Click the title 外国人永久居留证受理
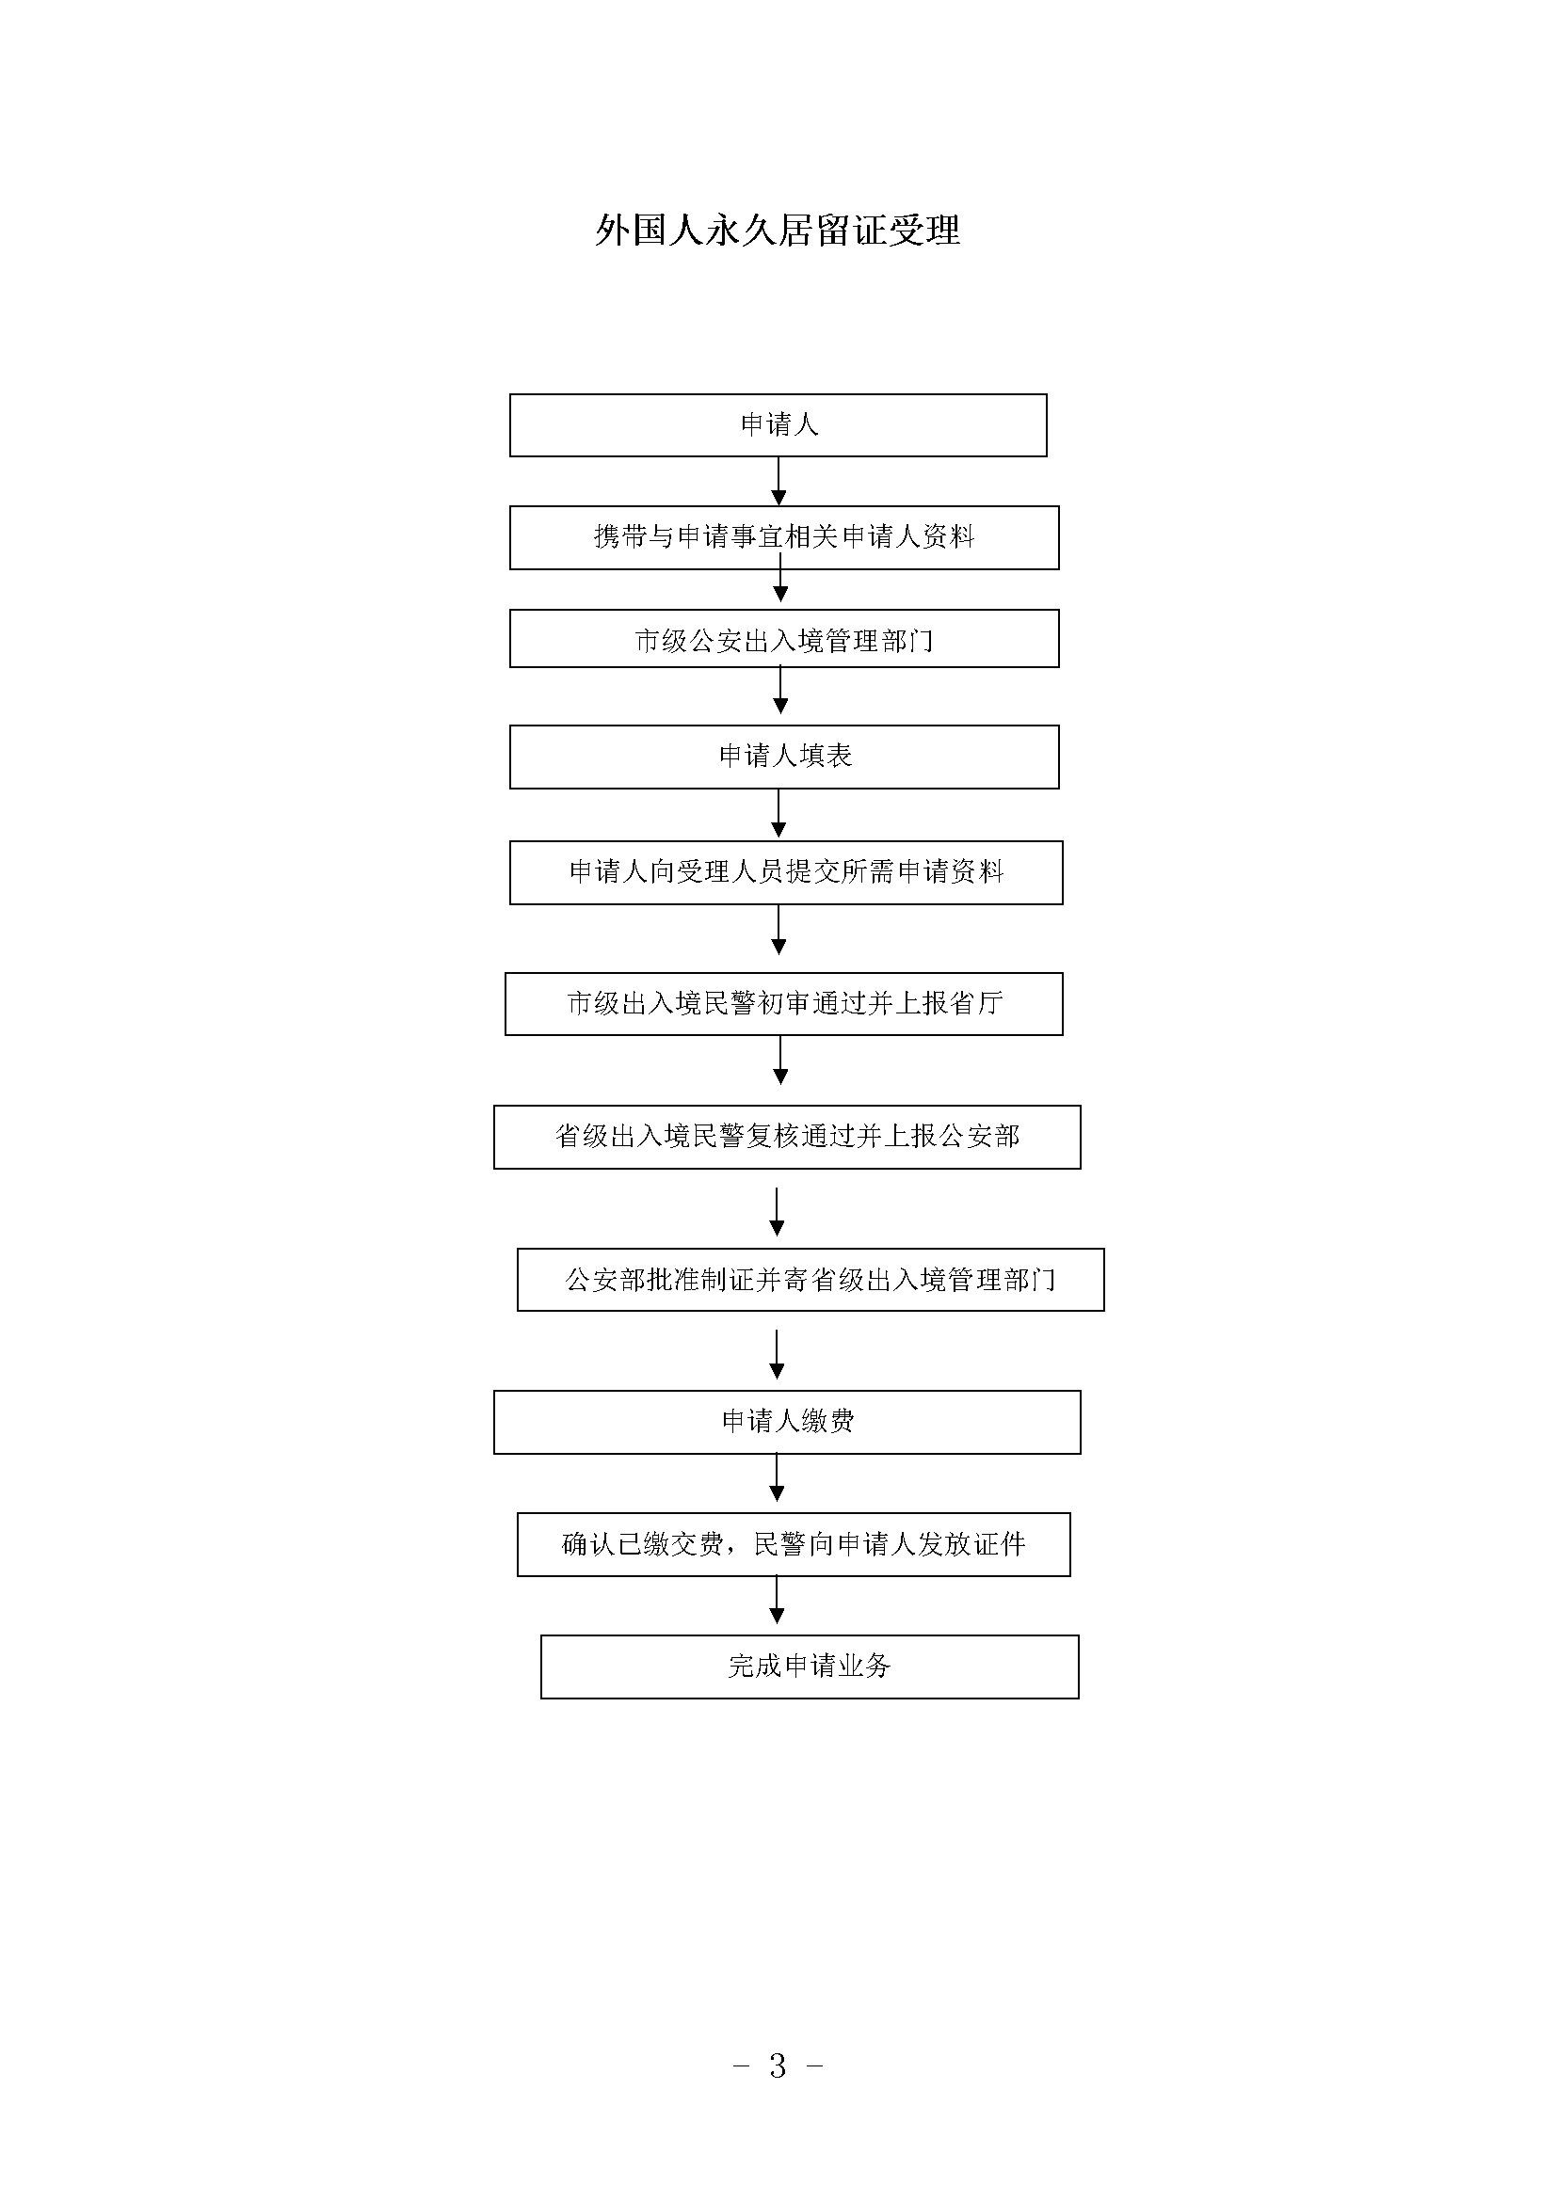tap(778, 230)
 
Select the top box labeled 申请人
tap(778, 424)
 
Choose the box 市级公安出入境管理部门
tap(784, 638)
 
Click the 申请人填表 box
tap(784, 758)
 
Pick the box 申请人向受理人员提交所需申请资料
tap(786, 872)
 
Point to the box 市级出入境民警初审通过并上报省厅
tap(784, 1004)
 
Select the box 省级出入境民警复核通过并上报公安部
tap(787, 1137)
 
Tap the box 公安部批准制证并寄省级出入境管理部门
tap(811, 1280)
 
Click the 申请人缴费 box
tap(787, 1423)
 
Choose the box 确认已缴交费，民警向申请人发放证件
tap(794, 1544)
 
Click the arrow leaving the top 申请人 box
tap(778, 481)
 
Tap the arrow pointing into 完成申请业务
tap(778, 1600)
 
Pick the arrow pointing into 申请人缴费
tap(778, 1354)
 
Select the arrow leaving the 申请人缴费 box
tap(778, 1478)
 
